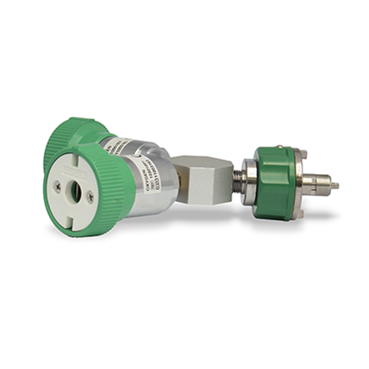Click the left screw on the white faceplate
coord(58,184)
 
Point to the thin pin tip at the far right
coord(335,185)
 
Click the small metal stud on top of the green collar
coord(280,148)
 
